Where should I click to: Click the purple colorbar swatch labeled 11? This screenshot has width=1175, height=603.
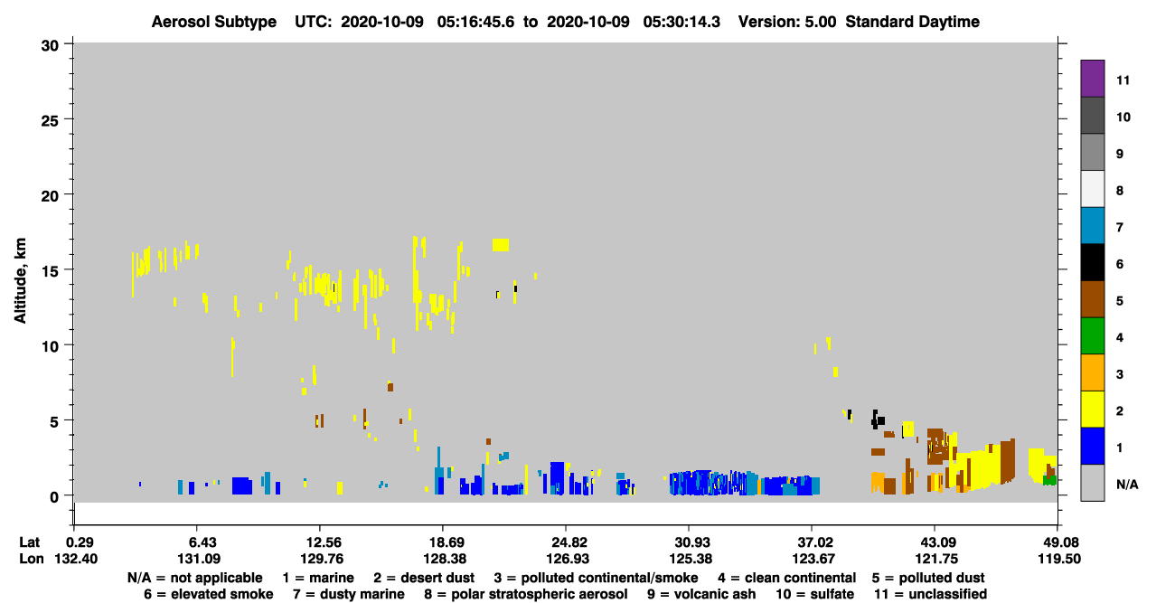click(x=1092, y=79)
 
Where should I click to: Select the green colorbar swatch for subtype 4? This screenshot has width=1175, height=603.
click(x=1092, y=336)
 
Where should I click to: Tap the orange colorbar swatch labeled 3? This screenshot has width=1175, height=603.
click(x=1092, y=372)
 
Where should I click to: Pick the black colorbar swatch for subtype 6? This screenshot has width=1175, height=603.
click(x=1092, y=262)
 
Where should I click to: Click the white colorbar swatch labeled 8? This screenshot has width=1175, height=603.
click(x=1092, y=189)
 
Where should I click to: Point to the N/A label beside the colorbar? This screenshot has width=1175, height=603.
click(x=1127, y=485)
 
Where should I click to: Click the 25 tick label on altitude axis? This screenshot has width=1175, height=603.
click(x=50, y=121)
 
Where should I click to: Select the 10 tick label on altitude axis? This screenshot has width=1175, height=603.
click(x=50, y=346)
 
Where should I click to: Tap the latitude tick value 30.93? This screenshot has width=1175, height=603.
click(x=691, y=542)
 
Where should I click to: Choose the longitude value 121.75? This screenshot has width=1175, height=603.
click(x=936, y=559)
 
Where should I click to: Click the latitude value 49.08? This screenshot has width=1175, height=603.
click(x=1059, y=542)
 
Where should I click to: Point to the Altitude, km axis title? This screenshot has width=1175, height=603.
click(x=20, y=280)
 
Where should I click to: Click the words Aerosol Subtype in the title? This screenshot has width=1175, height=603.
click(x=214, y=22)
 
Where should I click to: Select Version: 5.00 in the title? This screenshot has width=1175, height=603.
click(x=787, y=22)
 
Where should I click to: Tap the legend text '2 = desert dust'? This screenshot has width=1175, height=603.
click(x=424, y=578)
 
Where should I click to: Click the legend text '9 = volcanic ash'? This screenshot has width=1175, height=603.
click(x=701, y=594)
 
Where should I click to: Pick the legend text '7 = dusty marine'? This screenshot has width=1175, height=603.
click(x=349, y=594)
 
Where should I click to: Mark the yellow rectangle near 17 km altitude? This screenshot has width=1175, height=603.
click(x=501, y=245)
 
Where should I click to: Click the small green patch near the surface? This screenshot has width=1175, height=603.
click(x=1049, y=480)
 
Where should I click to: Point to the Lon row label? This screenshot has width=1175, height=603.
click(x=32, y=559)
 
